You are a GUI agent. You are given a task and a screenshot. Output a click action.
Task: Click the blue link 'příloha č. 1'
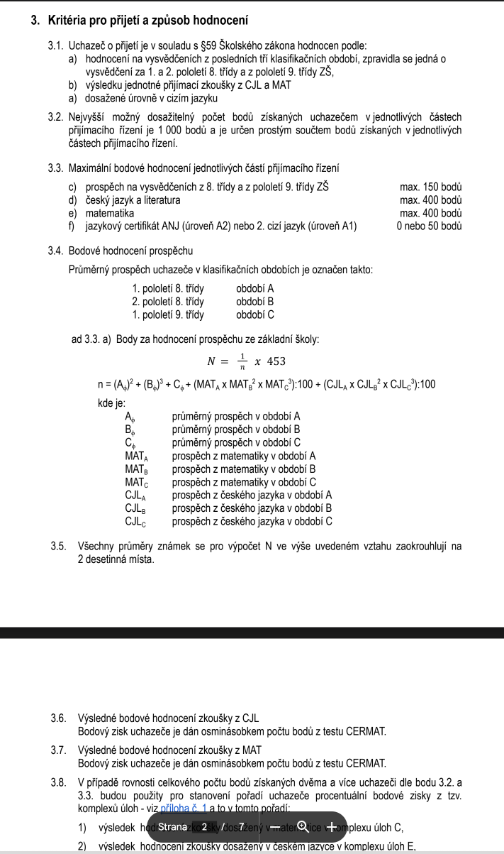point(184,807)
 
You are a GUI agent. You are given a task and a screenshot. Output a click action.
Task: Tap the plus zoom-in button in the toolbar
point(330,826)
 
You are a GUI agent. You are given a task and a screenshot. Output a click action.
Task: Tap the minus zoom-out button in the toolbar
point(274,826)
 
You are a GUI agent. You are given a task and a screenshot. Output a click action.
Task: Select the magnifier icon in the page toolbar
point(303,826)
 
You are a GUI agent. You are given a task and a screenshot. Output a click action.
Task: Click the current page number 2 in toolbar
point(204,826)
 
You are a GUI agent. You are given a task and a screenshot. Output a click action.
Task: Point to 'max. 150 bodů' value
point(431,187)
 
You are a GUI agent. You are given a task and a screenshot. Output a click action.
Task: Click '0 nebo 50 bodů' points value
point(430,226)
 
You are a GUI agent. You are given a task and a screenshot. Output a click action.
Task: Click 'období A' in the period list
point(255,289)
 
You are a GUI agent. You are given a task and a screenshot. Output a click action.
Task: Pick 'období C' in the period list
point(255,314)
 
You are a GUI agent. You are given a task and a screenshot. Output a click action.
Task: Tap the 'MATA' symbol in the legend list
point(137,456)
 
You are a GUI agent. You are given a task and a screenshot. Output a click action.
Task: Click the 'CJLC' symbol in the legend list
point(136,522)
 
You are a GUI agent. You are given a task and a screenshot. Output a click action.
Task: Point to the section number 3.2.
point(56,117)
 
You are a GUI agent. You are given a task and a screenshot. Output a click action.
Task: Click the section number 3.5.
point(59,546)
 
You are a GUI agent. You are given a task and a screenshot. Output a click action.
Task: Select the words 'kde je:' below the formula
point(111,403)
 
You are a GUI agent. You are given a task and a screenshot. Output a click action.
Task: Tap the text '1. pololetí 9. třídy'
point(168,314)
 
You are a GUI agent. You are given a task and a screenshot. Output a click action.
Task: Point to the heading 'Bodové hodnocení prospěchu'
point(130,251)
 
